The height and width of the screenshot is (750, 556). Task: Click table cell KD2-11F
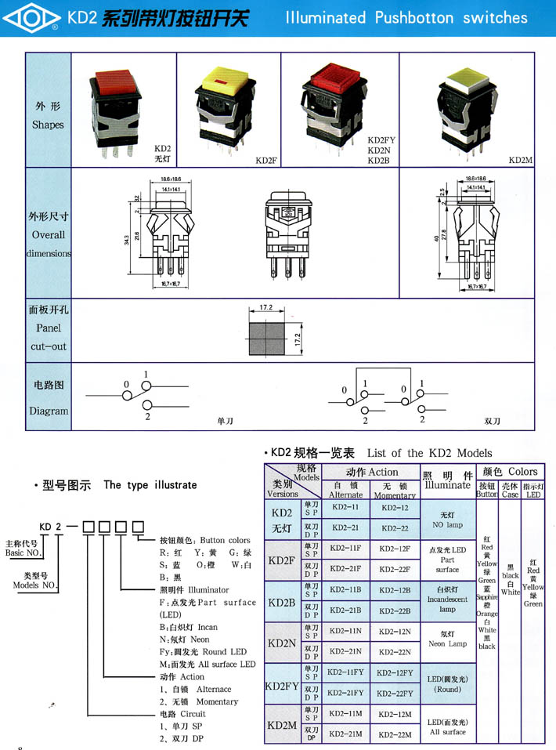pos(345,549)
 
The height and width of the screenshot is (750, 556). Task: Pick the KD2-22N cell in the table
pos(394,651)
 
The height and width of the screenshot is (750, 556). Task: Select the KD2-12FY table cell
pos(394,672)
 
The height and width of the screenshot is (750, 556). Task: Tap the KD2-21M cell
pos(345,733)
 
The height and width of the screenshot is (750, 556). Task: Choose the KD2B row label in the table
pos(282,602)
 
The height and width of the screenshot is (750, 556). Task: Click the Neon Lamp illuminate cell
pos(447,638)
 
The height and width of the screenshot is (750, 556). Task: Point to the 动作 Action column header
pos(371,473)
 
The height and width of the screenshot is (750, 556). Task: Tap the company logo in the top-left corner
pos(32,17)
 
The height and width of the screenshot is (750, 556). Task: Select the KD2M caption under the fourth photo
pos(520,160)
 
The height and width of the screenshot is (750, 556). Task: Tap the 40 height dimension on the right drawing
pos(437,239)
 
